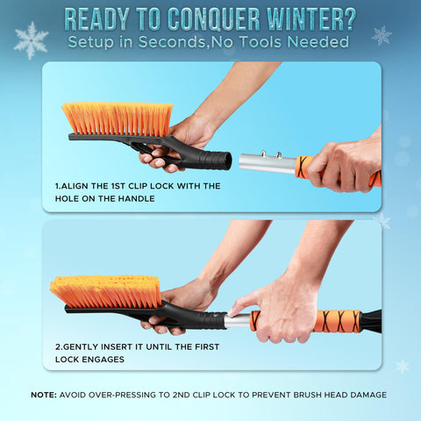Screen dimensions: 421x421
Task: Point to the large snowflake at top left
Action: click(31, 39)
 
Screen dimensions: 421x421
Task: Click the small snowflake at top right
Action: click(381, 35)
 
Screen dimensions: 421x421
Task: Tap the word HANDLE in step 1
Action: click(139, 199)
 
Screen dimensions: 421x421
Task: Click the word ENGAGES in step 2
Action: click(103, 360)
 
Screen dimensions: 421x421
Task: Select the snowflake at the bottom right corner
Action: click(402, 366)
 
